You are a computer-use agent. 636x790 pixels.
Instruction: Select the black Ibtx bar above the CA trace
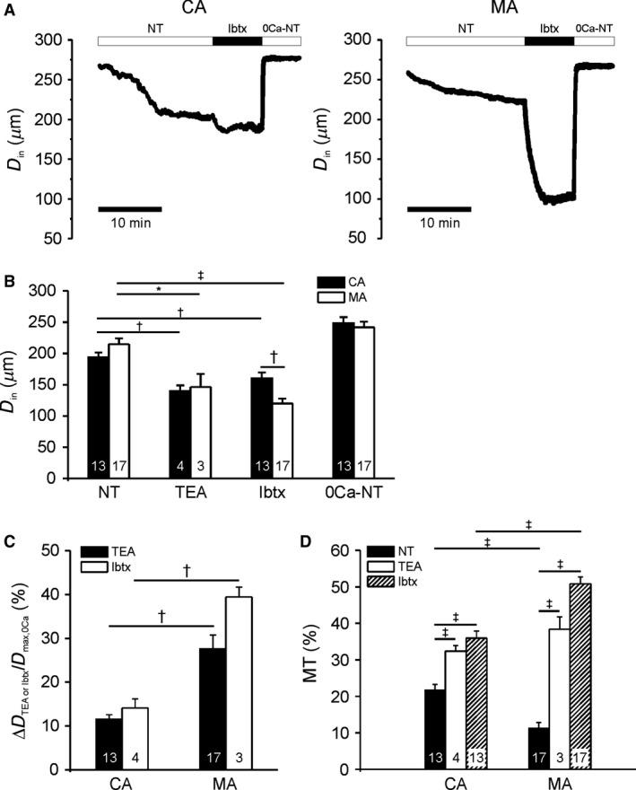click(237, 41)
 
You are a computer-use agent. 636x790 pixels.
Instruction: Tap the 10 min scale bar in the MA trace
click(439, 208)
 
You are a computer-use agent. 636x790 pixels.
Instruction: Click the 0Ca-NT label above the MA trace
click(596, 29)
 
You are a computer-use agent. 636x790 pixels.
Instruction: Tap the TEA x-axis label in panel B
click(190, 495)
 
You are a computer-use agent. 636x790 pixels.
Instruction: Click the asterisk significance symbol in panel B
click(158, 288)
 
